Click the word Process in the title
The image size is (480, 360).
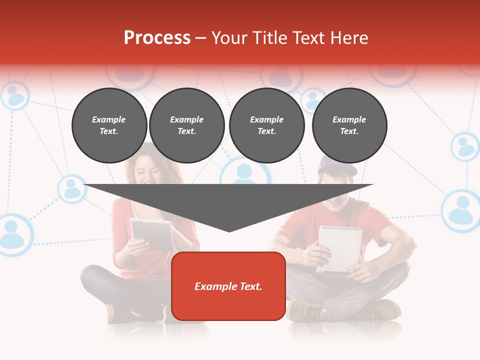coord(157,38)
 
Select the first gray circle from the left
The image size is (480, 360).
coord(109,125)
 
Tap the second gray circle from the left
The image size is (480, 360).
coord(187,125)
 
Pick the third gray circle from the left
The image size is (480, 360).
coord(267,125)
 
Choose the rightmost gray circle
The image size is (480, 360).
coord(349,125)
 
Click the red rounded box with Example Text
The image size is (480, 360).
coord(228,286)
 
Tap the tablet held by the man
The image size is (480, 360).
coord(340,247)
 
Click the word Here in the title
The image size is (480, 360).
coord(350,38)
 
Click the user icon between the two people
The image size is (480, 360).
coord(245,172)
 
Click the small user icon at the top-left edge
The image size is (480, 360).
coord(15,95)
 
